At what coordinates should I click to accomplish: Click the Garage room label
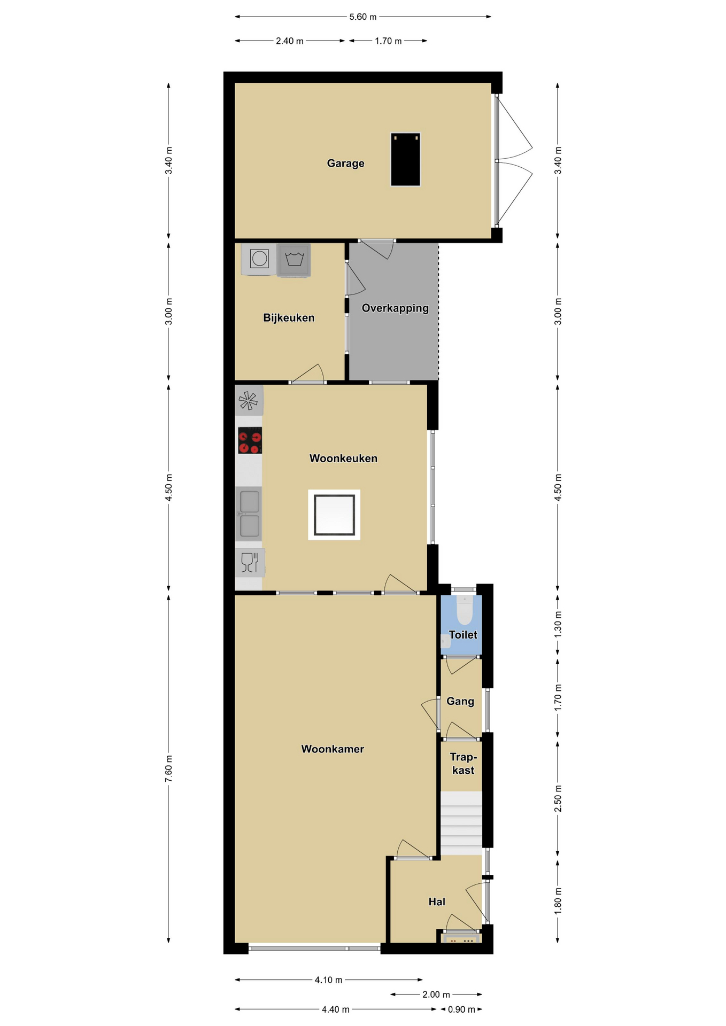345,164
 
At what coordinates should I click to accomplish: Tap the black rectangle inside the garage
405,159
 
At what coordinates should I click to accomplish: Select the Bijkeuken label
289,318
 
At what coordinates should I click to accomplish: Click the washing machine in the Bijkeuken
294,260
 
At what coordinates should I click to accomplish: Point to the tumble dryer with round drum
259,259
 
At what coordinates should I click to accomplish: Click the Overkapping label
395,308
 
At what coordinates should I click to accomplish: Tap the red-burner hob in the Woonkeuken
250,440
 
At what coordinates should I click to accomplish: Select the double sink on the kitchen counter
249,514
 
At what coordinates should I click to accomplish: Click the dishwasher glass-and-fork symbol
250,563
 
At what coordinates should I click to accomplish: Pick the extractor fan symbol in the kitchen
249,400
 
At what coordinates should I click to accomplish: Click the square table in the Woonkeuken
334,515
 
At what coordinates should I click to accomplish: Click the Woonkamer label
333,749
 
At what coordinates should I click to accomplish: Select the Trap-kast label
463,764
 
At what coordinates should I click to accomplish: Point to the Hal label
437,902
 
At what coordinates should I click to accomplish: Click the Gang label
460,701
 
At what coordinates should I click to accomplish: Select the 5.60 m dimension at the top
363,17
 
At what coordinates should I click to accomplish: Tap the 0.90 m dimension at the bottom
461,1009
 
